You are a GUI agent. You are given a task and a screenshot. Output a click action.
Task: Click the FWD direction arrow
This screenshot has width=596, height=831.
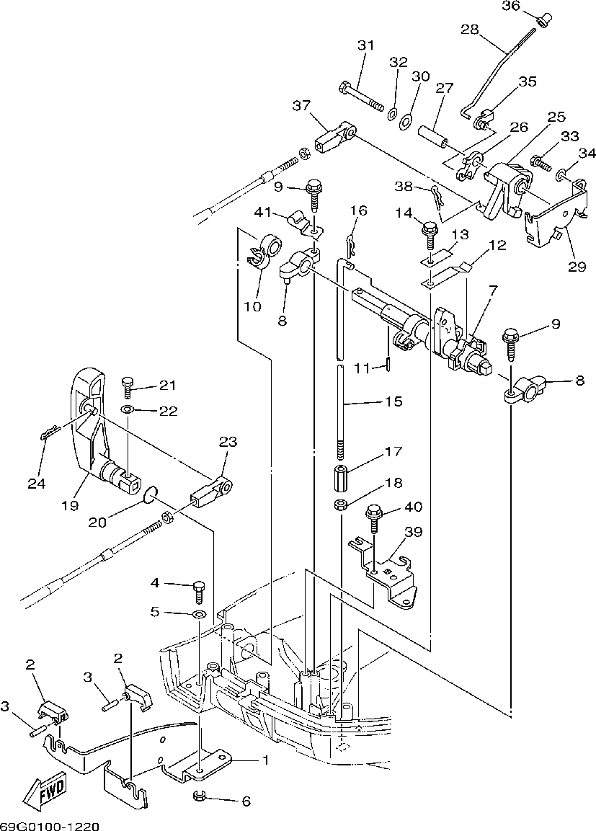(45, 793)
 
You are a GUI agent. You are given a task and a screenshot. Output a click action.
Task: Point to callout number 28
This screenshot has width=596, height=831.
(470, 30)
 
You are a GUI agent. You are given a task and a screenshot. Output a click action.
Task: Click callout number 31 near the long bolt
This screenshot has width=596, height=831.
(366, 45)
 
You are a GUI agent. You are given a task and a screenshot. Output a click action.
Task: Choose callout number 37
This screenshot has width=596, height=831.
(301, 106)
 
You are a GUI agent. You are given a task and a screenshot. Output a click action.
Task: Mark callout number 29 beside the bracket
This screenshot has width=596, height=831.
(577, 266)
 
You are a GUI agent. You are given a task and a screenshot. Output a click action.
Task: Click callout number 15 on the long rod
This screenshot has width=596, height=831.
(393, 401)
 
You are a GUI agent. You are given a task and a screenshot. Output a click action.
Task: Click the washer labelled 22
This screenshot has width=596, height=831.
(128, 410)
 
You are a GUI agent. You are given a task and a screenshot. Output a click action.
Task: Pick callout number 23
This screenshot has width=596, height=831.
(227, 441)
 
